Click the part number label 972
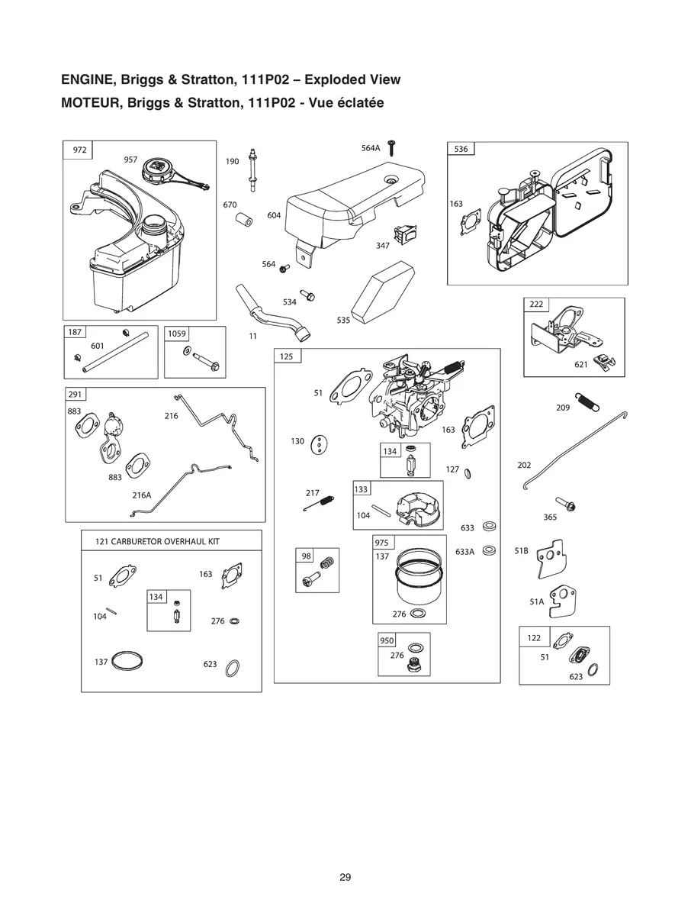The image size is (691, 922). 79,150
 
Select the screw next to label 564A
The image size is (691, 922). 394,147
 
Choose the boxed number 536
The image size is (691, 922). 461,149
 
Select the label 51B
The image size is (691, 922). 522,550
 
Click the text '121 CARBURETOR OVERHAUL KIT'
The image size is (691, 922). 157,540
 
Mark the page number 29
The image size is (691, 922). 345,877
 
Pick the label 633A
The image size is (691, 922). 464,551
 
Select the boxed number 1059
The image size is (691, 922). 177,334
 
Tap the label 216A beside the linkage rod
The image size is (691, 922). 141,495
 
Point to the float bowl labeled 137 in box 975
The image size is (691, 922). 410,584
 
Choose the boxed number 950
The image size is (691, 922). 387,640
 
